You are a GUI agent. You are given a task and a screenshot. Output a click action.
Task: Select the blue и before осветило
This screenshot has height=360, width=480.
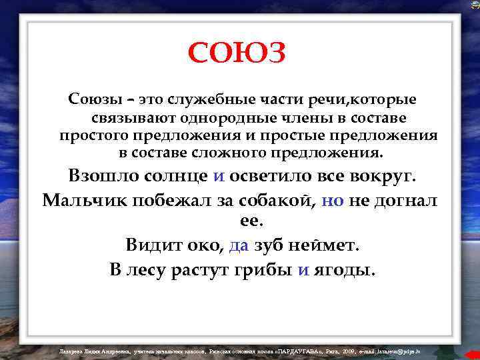(x=219, y=177)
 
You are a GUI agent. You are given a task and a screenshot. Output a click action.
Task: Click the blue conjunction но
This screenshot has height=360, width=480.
(x=332, y=200)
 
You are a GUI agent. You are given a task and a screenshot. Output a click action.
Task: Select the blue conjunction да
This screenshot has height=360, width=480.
(x=238, y=245)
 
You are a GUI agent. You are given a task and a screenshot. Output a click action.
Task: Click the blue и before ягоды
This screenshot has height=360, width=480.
(x=303, y=270)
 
